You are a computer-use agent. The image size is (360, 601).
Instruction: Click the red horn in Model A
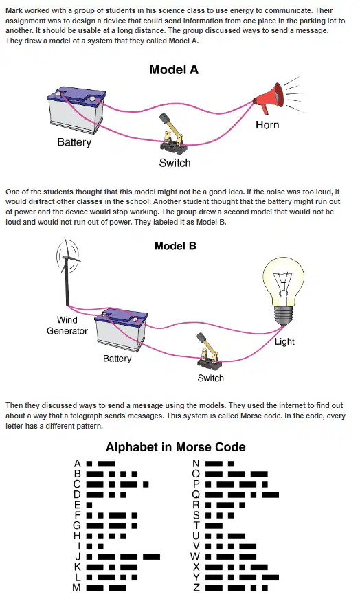[x=270, y=98]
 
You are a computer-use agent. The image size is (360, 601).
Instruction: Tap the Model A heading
[x=174, y=70]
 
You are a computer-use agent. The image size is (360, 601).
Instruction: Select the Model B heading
[x=175, y=246]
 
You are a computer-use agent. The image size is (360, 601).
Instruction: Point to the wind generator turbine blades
[x=68, y=256]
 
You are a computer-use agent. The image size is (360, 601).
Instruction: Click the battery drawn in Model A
[x=76, y=110]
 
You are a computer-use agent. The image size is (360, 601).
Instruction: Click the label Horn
[x=267, y=125]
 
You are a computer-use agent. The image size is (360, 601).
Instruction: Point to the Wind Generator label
[x=67, y=326]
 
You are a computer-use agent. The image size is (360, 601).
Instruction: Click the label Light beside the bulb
[x=284, y=341]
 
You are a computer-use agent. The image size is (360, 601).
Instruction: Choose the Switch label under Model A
[x=175, y=163]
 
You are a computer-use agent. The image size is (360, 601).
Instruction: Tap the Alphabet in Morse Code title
[x=176, y=447]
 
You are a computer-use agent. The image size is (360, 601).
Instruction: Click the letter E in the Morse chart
[x=78, y=505]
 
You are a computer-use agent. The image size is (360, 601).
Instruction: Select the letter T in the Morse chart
[x=196, y=525]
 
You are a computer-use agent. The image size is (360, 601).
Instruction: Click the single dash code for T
[x=214, y=526]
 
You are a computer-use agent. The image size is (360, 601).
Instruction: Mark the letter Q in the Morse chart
[x=196, y=495]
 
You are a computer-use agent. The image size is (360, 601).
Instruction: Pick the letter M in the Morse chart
[x=77, y=587]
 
